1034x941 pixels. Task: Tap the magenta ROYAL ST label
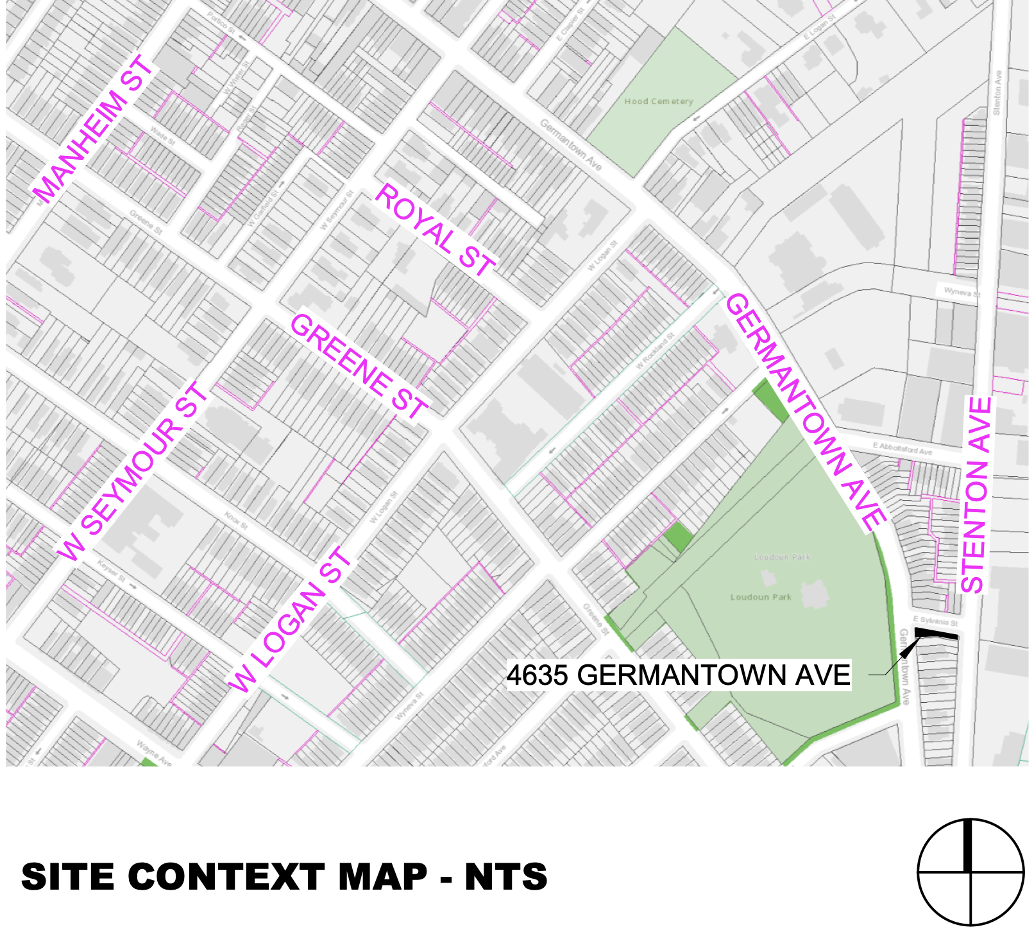[x=434, y=229]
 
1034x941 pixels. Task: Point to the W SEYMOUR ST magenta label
[x=131, y=472]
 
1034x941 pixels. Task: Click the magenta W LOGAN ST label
[x=289, y=620]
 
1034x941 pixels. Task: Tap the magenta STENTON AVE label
[x=976, y=495]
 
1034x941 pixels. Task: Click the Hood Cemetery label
[x=658, y=101]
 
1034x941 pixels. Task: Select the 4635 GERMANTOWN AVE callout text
[x=678, y=675]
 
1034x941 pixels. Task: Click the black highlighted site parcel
[x=935, y=634]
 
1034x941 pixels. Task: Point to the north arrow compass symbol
[x=970, y=872]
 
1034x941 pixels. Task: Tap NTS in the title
[x=506, y=877]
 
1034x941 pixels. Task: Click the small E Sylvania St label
[x=935, y=621]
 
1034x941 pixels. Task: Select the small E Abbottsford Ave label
[x=902, y=448]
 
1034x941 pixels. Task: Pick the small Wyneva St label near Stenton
[x=962, y=292]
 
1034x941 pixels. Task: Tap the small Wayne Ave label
[x=154, y=753]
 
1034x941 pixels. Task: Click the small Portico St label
[x=221, y=22]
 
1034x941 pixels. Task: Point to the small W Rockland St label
[x=655, y=350]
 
